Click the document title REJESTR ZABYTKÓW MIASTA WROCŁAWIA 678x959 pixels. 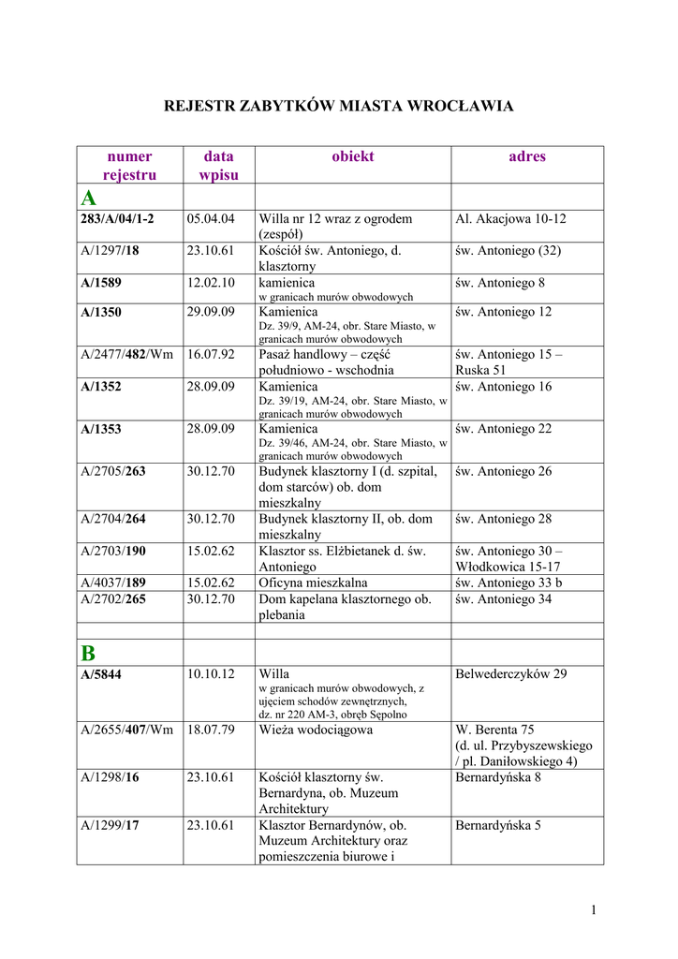tap(339, 106)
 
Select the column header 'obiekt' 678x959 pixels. tap(352, 156)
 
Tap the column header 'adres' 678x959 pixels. tap(526, 156)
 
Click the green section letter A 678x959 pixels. tap(88, 198)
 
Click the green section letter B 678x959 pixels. tap(88, 653)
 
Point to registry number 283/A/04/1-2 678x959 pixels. tap(117, 219)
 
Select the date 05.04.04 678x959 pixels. tap(210, 219)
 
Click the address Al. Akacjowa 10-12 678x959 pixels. tap(510, 219)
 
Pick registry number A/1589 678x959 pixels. tap(101, 283)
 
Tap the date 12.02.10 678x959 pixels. tap(210, 283)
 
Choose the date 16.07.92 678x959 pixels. tap(210, 355)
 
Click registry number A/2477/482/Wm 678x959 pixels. tap(127, 355)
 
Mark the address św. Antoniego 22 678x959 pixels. tap(504, 429)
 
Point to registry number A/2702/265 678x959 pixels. tap(113, 598)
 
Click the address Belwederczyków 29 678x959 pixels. tap(511, 674)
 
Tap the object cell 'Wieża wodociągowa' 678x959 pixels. tap(316, 730)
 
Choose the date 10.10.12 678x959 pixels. tap(210, 674)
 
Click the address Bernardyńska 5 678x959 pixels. tap(498, 826)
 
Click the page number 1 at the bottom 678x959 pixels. tap(594, 909)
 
